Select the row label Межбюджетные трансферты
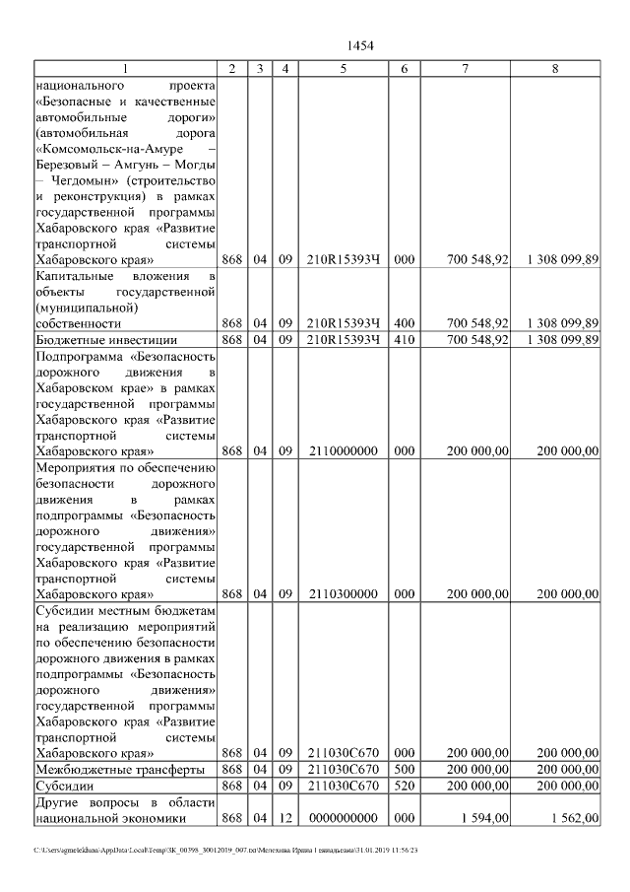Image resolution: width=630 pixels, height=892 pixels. (119, 769)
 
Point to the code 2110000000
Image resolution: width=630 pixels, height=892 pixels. (343, 450)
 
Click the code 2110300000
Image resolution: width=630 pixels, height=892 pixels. (343, 594)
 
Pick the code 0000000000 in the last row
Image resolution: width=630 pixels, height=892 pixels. (343, 818)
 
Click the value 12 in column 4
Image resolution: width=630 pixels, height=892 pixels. (284, 818)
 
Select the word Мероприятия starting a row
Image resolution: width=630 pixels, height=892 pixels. (76, 467)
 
